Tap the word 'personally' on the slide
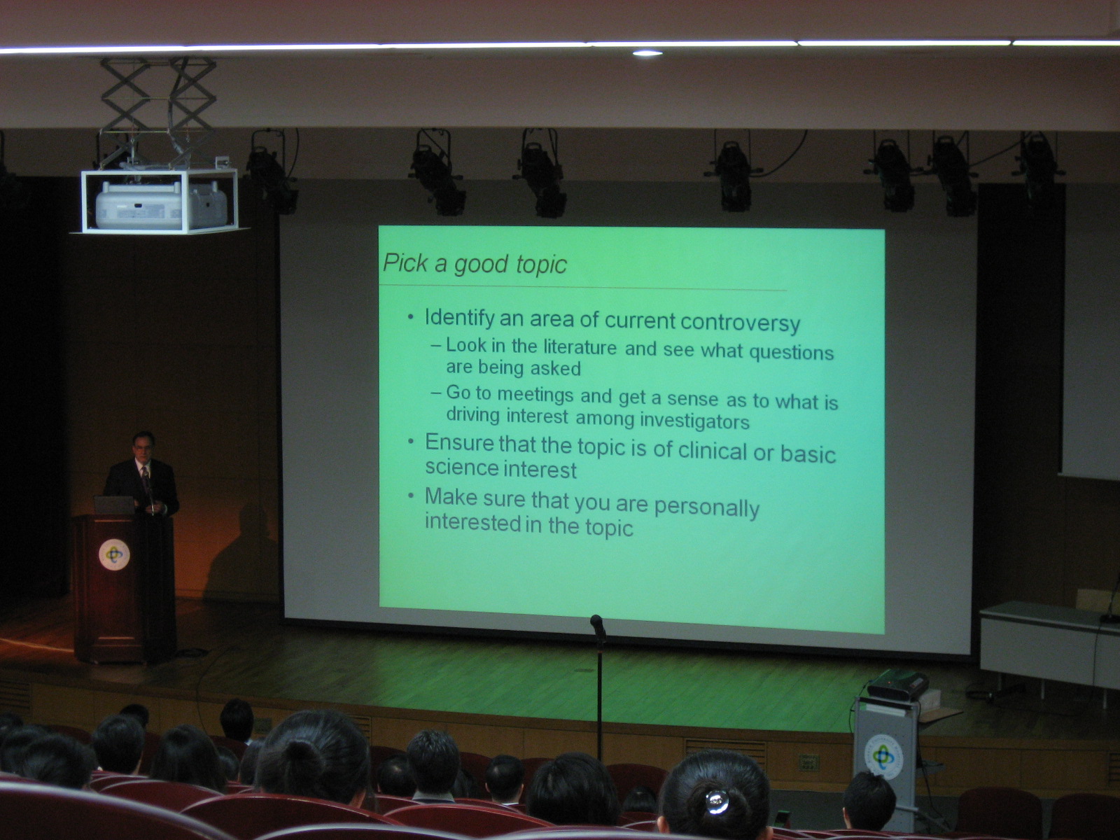pos(707,507)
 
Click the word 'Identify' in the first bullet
pos(459,318)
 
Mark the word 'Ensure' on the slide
pos(459,442)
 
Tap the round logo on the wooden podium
pos(114,555)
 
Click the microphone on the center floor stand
pos(598,626)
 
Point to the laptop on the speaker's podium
pos(114,505)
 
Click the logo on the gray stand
pos(884,757)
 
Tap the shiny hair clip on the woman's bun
pos(717,801)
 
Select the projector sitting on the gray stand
pos(897,685)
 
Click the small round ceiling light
pos(647,53)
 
